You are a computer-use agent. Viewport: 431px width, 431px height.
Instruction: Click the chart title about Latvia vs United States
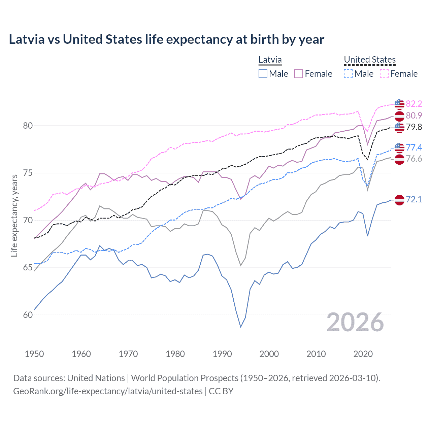pos(166,39)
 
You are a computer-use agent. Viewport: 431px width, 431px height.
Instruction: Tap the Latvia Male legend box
pos(263,74)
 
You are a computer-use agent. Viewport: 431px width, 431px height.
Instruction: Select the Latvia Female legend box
pos(299,74)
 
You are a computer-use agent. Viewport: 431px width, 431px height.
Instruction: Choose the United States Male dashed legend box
pos(348,74)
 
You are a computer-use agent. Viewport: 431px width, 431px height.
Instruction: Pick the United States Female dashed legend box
pos(384,74)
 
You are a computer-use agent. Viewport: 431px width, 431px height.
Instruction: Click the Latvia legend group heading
pos(270,60)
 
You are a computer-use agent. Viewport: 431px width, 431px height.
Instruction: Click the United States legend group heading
pos(369,60)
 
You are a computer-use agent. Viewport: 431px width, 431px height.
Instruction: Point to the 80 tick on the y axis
pos(28,126)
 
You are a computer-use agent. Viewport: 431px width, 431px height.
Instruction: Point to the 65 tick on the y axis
pos(28,268)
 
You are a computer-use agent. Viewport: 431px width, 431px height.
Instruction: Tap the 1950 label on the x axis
pos(34,354)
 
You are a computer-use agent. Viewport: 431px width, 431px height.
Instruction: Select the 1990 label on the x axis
pos(222,354)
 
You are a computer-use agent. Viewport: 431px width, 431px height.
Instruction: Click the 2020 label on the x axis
pos(363,354)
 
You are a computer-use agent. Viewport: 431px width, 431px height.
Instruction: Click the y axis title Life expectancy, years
pos(14,215)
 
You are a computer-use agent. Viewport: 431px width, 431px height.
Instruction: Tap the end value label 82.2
pos(414,104)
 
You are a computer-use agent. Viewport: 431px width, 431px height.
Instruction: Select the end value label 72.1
pos(414,199)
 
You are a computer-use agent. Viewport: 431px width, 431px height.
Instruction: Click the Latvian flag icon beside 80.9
pos(399,116)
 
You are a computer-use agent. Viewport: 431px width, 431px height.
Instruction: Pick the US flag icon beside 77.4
pos(399,147)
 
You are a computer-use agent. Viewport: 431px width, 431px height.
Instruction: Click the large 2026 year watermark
pos(355,322)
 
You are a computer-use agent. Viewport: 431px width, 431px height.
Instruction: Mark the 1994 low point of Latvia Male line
pos(241,327)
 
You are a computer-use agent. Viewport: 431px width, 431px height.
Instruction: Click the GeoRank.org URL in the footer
pos(108,391)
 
